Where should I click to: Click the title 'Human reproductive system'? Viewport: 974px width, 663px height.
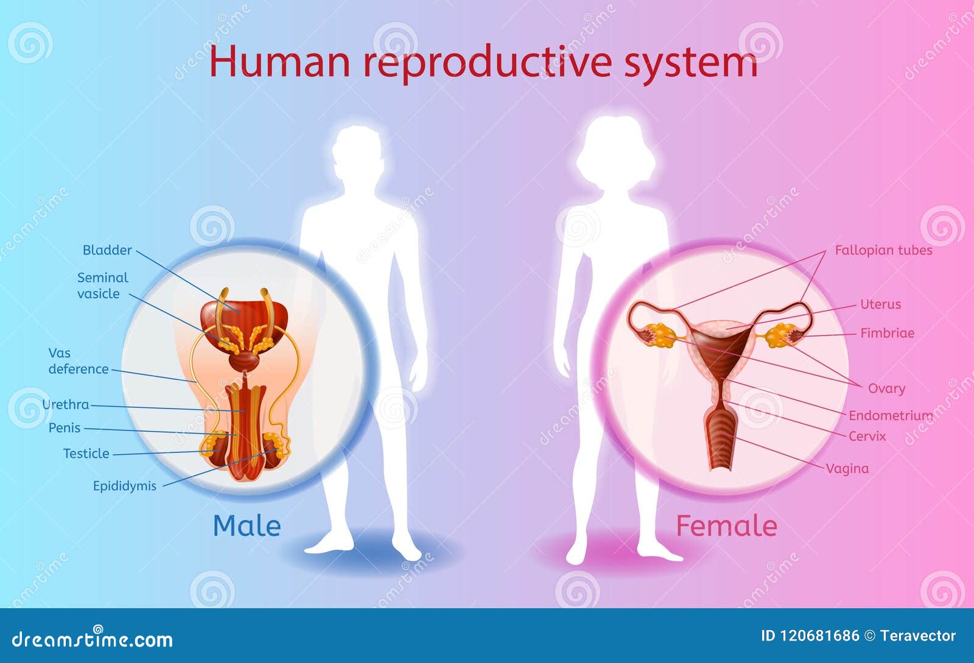[x=483, y=63]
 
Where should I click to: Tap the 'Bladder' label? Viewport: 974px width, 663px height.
[x=107, y=250]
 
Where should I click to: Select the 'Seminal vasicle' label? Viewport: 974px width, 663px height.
[x=103, y=286]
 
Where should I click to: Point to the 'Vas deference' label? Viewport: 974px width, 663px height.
[x=79, y=361]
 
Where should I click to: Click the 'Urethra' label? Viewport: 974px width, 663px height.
[x=66, y=405]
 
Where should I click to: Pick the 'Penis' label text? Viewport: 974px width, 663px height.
[x=65, y=428]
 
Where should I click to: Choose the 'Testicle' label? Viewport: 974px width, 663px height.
[x=86, y=454]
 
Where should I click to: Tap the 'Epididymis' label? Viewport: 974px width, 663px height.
[x=125, y=486]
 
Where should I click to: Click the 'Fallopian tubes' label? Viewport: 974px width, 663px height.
[x=883, y=250]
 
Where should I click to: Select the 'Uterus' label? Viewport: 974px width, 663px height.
[x=880, y=304]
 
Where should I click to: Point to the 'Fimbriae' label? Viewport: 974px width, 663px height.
[x=887, y=333]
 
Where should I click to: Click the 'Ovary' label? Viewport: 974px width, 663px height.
[x=886, y=388]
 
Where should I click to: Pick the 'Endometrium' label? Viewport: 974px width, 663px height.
[x=891, y=416]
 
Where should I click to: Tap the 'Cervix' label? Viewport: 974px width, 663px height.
[x=867, y=436]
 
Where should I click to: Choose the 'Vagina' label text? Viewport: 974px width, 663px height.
[x=847, y=469]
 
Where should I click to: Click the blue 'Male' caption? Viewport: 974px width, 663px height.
[x=247, y=526]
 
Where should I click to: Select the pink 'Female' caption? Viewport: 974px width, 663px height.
[x=727, y=526]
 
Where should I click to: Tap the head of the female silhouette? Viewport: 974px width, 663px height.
[x=615, y=152]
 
